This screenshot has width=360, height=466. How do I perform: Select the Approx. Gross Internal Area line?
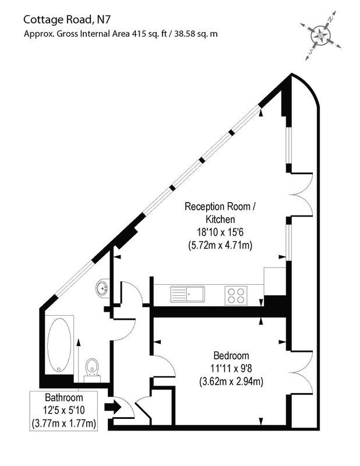[x=121, y=34]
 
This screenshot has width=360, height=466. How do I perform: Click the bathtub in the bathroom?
[x=59, y=344]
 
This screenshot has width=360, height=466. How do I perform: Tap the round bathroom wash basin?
[x=103, y=287]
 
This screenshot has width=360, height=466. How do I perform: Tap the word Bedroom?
[x=231, y=356]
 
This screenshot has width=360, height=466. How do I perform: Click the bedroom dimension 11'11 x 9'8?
[x=231, y=369]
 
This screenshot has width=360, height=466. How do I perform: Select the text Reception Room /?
[x=220, y=206]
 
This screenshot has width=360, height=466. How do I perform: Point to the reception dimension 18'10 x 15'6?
[x=219, y=232]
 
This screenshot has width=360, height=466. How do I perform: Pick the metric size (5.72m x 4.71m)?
[x=219, y=246]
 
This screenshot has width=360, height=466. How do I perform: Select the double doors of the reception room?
[x=302, y=195]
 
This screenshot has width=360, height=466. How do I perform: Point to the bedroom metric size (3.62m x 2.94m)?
[x=231, y=382]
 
